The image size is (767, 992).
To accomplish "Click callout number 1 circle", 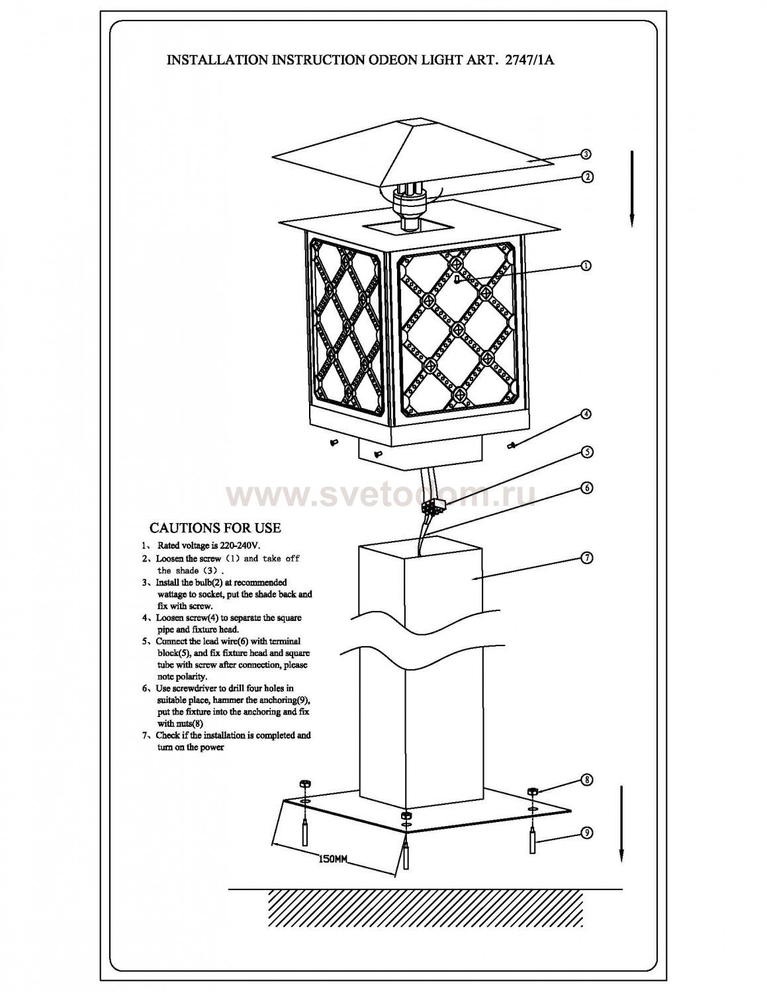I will tap(586, 265).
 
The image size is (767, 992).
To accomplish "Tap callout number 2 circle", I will tap(586, 177).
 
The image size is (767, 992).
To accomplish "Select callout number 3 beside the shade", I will tap(586, 154).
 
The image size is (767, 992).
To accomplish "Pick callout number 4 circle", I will tap(586, 414).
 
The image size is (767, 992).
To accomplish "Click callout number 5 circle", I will tap(586, 452).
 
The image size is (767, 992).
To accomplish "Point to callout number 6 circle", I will tap(586, 488).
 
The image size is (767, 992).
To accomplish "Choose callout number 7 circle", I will tap(586, 558).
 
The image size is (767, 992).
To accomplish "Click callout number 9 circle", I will tap(586, 833).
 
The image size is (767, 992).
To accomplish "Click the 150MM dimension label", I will tap(333, 860).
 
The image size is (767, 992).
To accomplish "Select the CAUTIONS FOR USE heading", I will tap(215, 528).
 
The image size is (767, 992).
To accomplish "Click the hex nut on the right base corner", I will tap(533, 791).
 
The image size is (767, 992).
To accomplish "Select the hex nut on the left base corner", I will tap(304, 784).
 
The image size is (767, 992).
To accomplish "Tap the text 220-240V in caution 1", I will tap(238, 546).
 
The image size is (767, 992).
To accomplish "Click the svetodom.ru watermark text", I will tap(381, 495).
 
